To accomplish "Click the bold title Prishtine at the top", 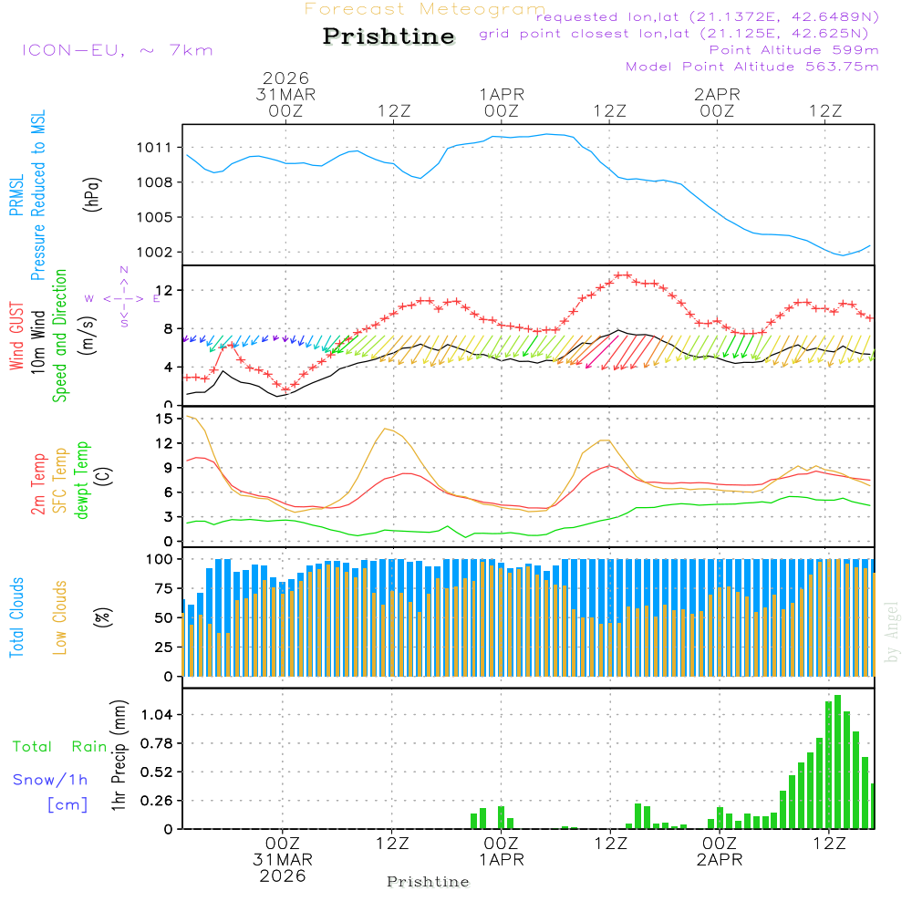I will [x=389, y=36].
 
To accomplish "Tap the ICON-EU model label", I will [x=117, y=49].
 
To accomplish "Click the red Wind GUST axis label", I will [x=16, y=337].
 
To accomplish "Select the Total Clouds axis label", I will [x=16, y=617].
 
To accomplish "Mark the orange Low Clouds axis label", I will [x=60, y=617].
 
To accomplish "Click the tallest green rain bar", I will [x=837, y=762].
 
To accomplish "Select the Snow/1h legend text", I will [x=51, y=780].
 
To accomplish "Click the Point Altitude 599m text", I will [x=793, y=49].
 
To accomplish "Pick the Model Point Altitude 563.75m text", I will [x=751, y=66].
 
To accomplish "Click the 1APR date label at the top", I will [x=502, y=94].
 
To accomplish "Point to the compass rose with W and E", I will [x=123, y=297].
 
